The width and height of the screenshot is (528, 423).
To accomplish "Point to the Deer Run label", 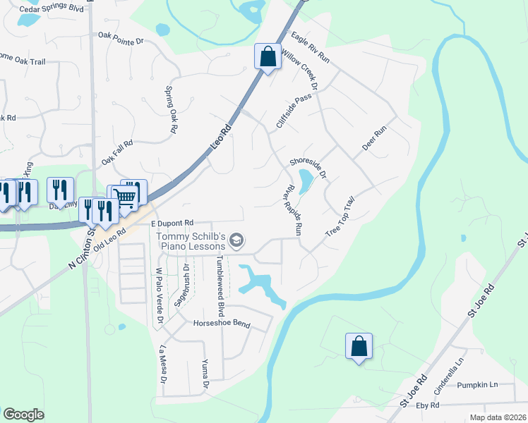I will (x=375, y=139).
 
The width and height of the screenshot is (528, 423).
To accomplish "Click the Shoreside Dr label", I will (x=309, y=166).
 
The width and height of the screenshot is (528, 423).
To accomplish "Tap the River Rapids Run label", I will (x=293, y=209).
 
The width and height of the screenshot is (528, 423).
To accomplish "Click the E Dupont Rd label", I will (x=172, y=223).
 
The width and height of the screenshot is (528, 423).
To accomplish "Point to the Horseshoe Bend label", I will (x=222, y=324).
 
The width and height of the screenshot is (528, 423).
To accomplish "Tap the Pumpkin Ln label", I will (x=476, y=385).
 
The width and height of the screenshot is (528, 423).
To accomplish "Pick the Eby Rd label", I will (x=428, y=405).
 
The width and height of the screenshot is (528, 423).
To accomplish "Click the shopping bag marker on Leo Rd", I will (x=268, y=56).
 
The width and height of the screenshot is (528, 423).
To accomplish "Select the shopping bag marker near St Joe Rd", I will (x=358, y=345).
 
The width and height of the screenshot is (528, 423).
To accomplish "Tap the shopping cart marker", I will (x=126, y=197).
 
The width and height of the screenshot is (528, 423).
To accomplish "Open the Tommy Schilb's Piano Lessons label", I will (x=191, y=241).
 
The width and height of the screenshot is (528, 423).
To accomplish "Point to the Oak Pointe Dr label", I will (x=121, y=37).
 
